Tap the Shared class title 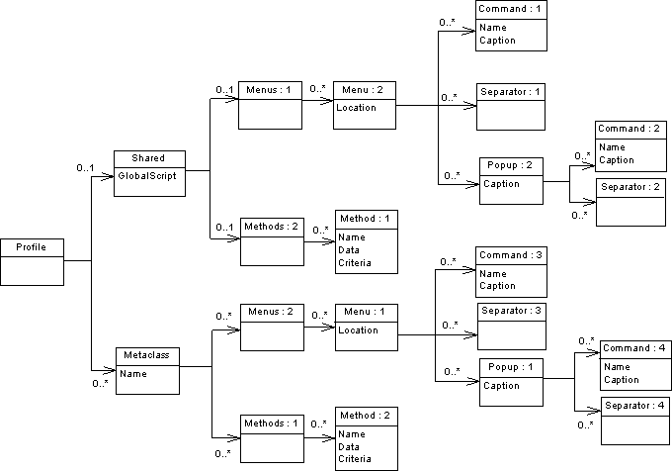(148, 158)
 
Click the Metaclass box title (148, 355)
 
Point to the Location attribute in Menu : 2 (357, 108)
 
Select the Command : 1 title (511, 9)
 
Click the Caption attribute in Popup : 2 (501, 184)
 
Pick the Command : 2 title (629, 130)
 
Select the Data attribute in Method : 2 (348, 447)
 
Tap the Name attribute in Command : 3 (493, 273)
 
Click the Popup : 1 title (510, 366)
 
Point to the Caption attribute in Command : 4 (622, 380)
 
